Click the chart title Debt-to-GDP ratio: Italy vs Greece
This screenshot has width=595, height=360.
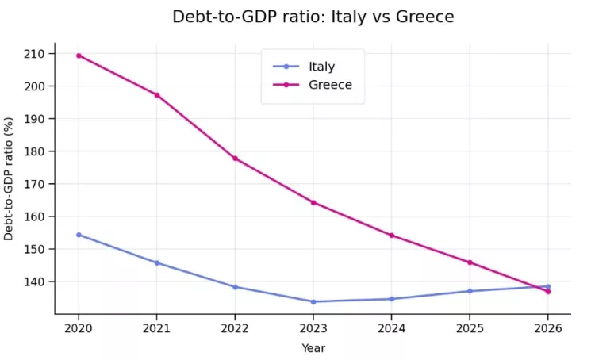pyautogui.click(x=313, y=17)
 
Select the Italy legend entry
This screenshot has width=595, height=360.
pyautogui.click(x=321, y=67)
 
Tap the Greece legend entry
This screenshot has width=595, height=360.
pyautogui.click(x=329, y=85)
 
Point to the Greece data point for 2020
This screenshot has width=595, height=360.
pyautogui.click(x=79, y=56)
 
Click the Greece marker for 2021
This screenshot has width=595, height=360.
pyautogui.click(x=157, y=95)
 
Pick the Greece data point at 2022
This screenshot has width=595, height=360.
pyautogui.click(x=235, y=159)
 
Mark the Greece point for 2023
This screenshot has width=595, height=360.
pyautogui.click(x=313, y=202)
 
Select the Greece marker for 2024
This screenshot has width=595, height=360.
pyautogui.click(x=391, y=236)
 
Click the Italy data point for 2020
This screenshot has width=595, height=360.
pyautogui.click(x=79, y=235)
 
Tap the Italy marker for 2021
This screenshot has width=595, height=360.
pyautogui.click(x=157, y=262)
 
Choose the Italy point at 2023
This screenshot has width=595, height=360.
pyautogui.click(x=313, y=301)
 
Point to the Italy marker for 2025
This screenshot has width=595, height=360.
pyautogui.click(x=470, y=291)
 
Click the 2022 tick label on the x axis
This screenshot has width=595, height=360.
pyautogui.click(x=235, y=327)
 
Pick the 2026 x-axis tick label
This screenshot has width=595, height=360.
pyautogui.click(x=547, y=327)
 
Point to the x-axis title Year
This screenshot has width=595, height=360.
pyautogui.click(x=313, y=347)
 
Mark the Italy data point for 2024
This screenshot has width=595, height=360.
pyautogui.click(x=391, y=299)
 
